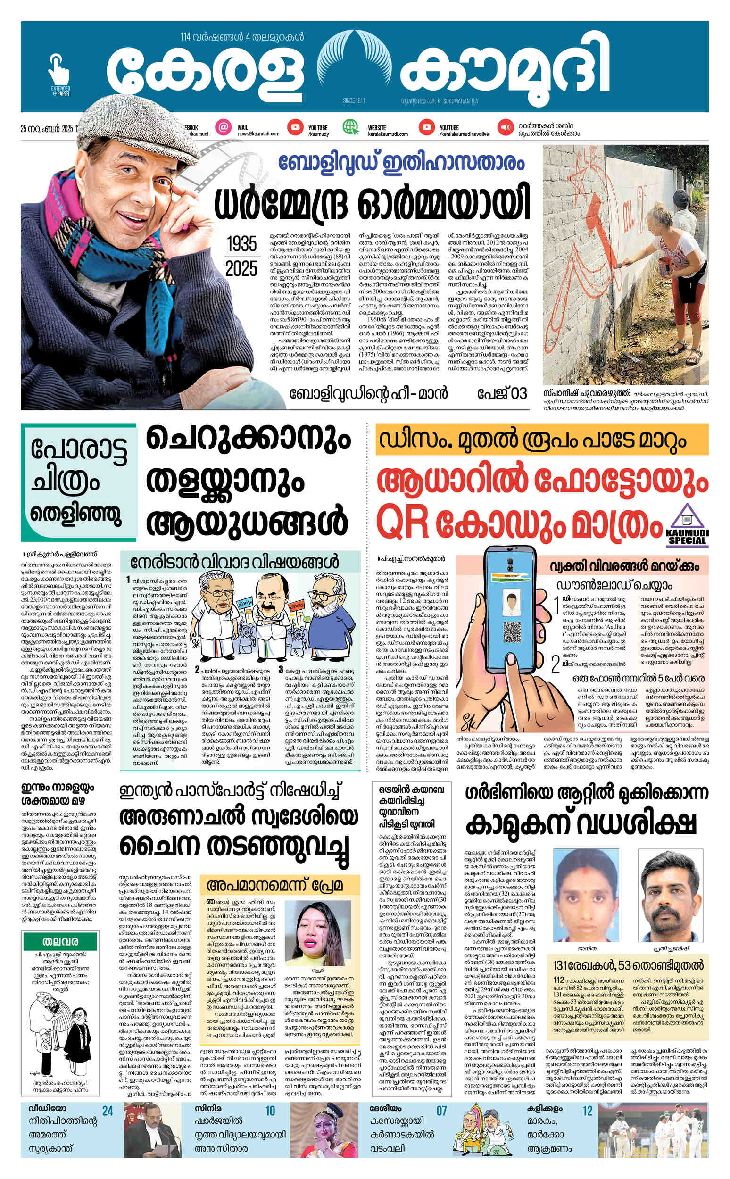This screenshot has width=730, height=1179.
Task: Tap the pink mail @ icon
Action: (x=223, y=127)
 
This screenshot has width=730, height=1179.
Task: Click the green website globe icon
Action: (x=349, y=127)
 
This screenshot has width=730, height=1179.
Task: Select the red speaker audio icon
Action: (x=506, y=127)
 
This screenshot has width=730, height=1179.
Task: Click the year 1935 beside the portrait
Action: (x=242, y=244)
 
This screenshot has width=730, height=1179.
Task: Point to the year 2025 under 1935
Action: (x=242, y=268)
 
